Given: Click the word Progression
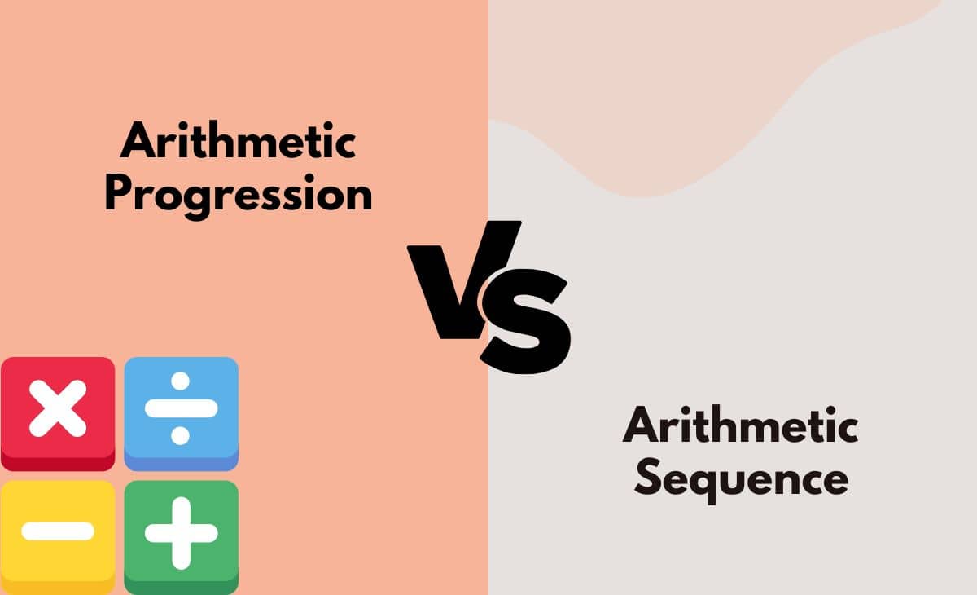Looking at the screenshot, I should click(x=238, y=196).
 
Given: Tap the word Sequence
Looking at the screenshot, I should click(x=741, y=480).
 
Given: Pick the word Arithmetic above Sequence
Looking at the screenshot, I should click(x=741, y=426).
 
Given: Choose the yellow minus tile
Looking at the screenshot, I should click(x=58, y=534).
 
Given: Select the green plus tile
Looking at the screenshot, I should click(x=181, y=534).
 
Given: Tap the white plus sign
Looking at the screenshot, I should click(x=181, y=533).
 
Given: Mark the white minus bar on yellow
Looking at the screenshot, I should click(x=58, y=531).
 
